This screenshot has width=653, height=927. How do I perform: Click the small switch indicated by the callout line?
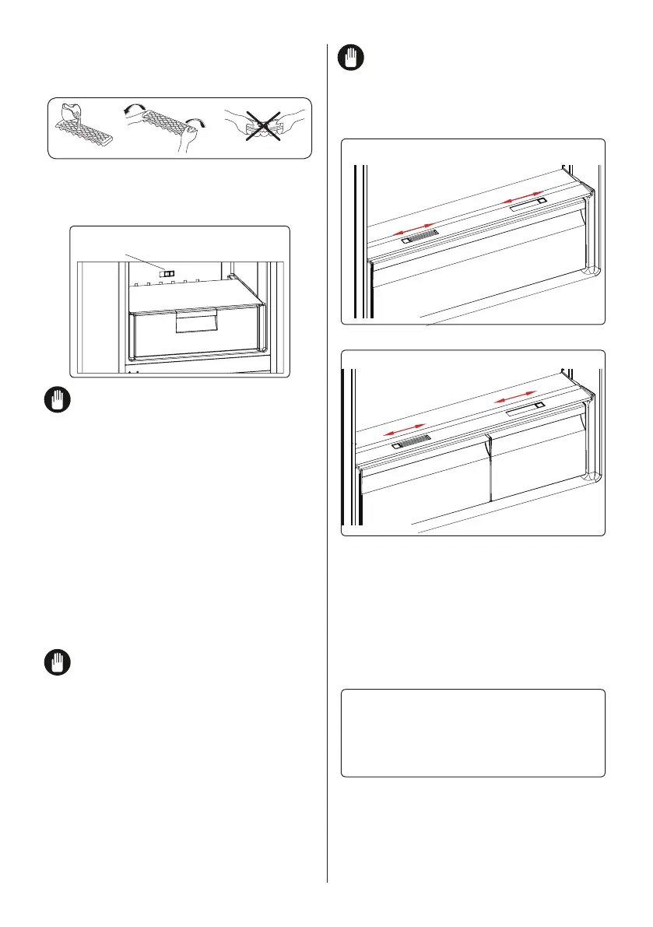tap(168, 272)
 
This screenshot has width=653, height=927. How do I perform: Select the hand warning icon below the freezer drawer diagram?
tap(58, 402)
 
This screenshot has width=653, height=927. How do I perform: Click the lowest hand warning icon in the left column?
tap(58, 663)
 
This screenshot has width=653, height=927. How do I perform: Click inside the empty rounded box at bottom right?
tap(473, 732)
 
